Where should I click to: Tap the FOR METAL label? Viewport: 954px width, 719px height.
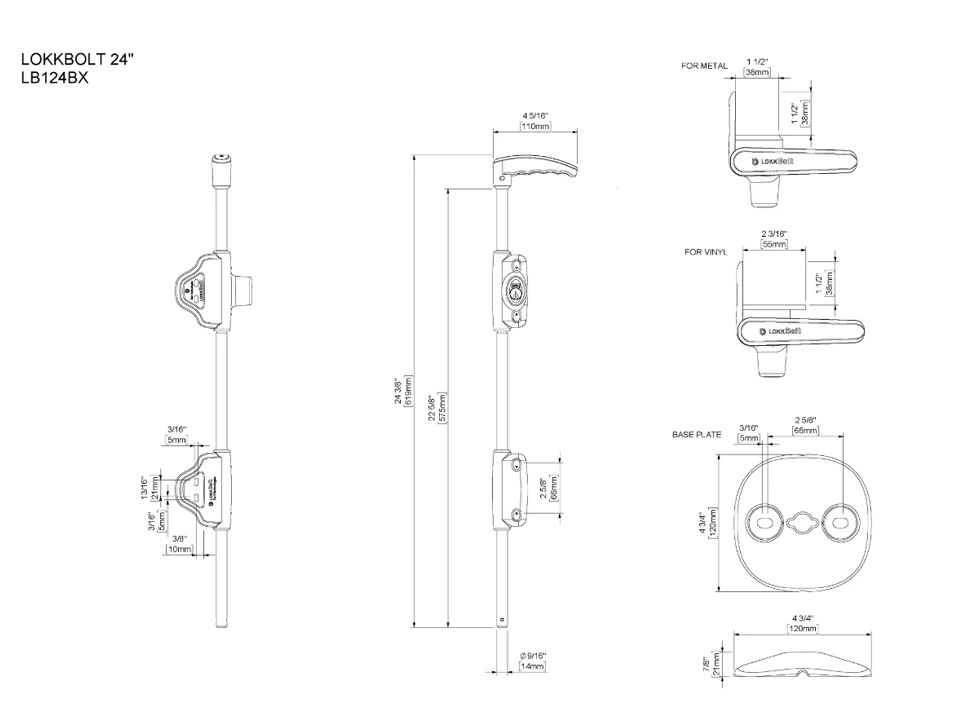(704, 66)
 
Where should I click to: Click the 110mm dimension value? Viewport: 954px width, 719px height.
(535, 127)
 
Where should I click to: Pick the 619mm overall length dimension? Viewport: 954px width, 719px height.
(409, 393)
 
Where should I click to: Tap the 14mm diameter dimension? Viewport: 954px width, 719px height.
(533, 666)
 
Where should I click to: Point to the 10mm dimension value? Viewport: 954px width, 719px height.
(180, 549)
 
